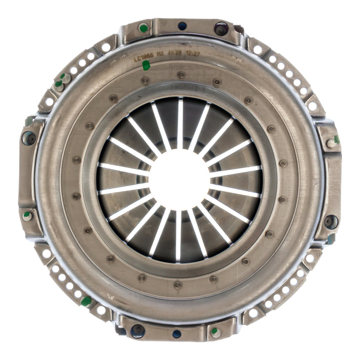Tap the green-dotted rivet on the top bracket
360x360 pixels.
click(x=143, y=28)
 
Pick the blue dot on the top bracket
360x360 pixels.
click(x=182, y=26)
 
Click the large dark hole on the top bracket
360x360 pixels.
click(x=221, y=28)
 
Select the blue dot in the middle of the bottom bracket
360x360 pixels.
click(x=177, y=333)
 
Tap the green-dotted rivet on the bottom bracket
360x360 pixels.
click(x=215, y=332)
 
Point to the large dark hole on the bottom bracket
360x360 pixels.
click(x=138, y=330)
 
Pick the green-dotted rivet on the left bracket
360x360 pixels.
click(x=27, y=216)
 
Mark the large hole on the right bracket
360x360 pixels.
click(x=331, y=221)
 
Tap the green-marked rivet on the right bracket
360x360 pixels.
click(x=333, y=142)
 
